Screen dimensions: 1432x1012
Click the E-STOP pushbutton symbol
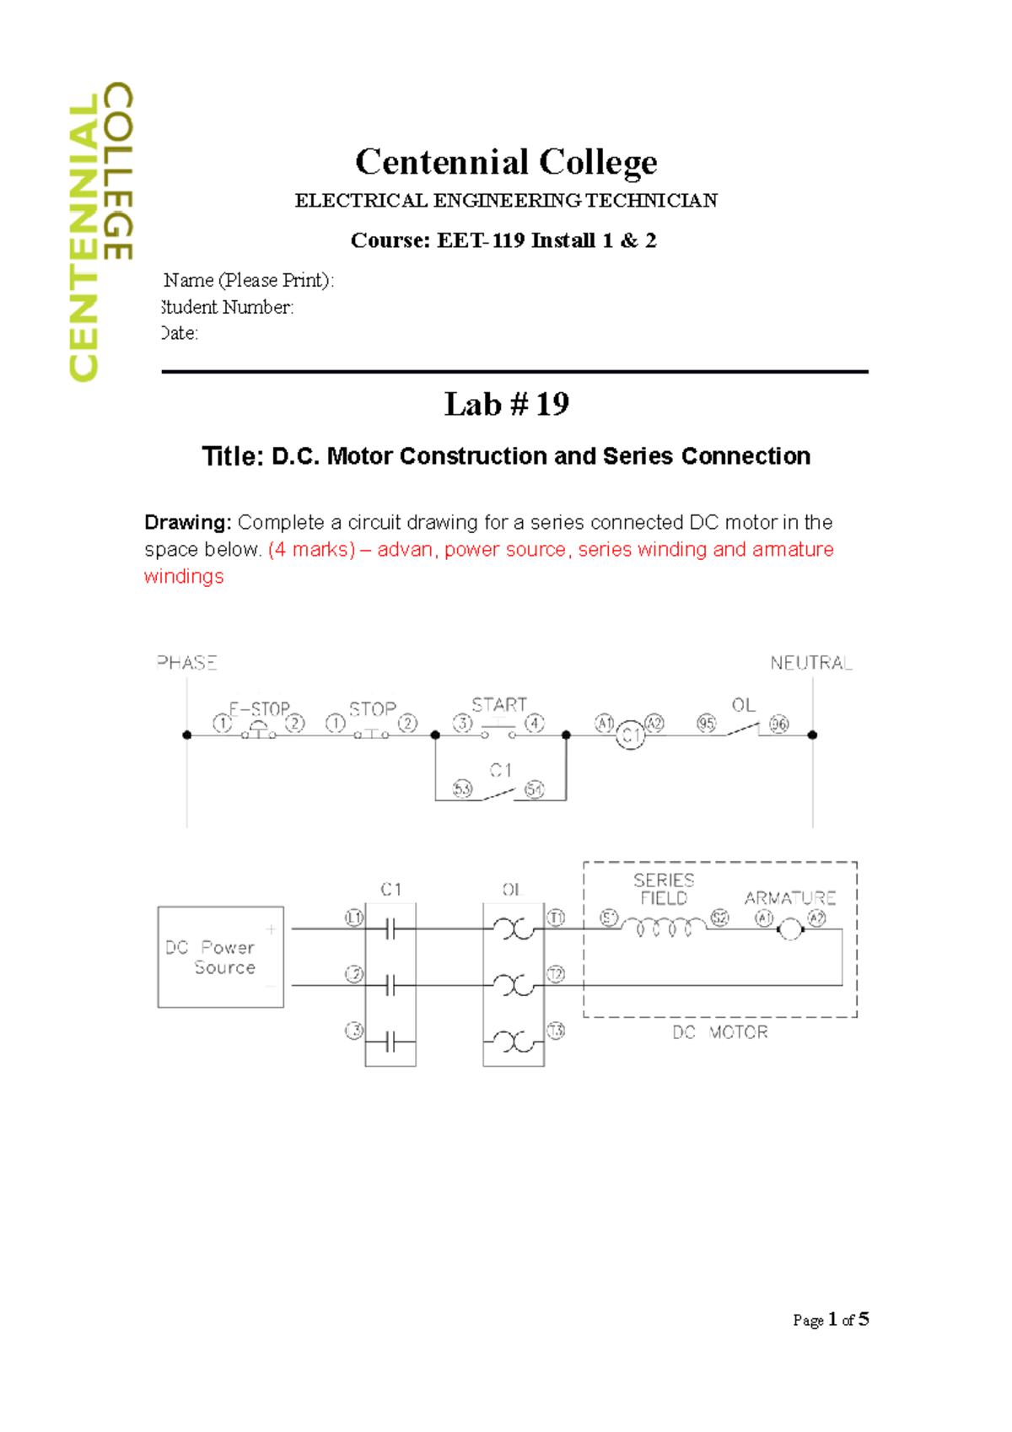point(259,730)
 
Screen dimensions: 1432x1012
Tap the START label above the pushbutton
point(499,705)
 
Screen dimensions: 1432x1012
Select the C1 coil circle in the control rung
point(630,736)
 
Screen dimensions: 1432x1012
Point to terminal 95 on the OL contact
point(707,724)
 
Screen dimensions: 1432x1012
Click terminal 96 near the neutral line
point(779,724)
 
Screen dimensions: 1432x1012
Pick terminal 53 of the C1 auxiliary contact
point(462,789)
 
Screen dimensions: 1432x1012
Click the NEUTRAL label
point(810,664)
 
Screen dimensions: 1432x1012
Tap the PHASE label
point(187,663)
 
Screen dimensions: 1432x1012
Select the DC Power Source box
point(221,957)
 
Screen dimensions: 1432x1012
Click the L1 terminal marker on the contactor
point(354,918)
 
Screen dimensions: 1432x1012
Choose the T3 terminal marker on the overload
point(556,1031)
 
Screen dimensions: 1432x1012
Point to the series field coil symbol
point(665,928)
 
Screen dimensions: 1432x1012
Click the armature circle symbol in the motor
point(790,929)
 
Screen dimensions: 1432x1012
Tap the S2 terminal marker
point(719,918)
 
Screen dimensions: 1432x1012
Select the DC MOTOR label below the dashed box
point(720,1032)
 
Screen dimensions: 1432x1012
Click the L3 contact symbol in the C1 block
point(390,1044)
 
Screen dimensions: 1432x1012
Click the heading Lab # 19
point(506,405)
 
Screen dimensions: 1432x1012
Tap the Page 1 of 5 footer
point(831,1320)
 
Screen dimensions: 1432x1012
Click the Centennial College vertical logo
point(100,232)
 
